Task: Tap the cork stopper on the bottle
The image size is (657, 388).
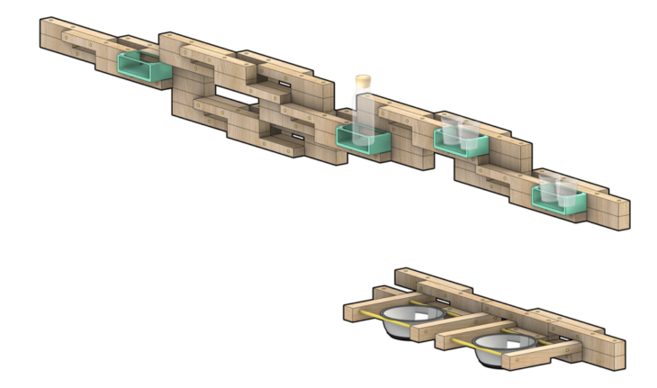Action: [x=364, y=82]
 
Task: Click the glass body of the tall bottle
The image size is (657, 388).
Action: [x=364, y=113]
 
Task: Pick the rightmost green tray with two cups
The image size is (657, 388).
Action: [x=559, y=198]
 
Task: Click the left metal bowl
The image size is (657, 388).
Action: [x=415, y=320]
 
